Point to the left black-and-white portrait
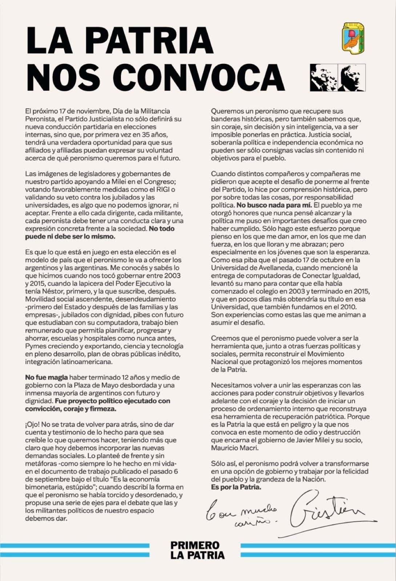pos(323,78)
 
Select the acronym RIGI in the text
pos(163,189)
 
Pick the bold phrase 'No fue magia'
pos(47,378)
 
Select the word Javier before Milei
pos(316,440)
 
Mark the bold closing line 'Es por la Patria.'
pos(236,487)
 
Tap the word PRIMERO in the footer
pos(195,545)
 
